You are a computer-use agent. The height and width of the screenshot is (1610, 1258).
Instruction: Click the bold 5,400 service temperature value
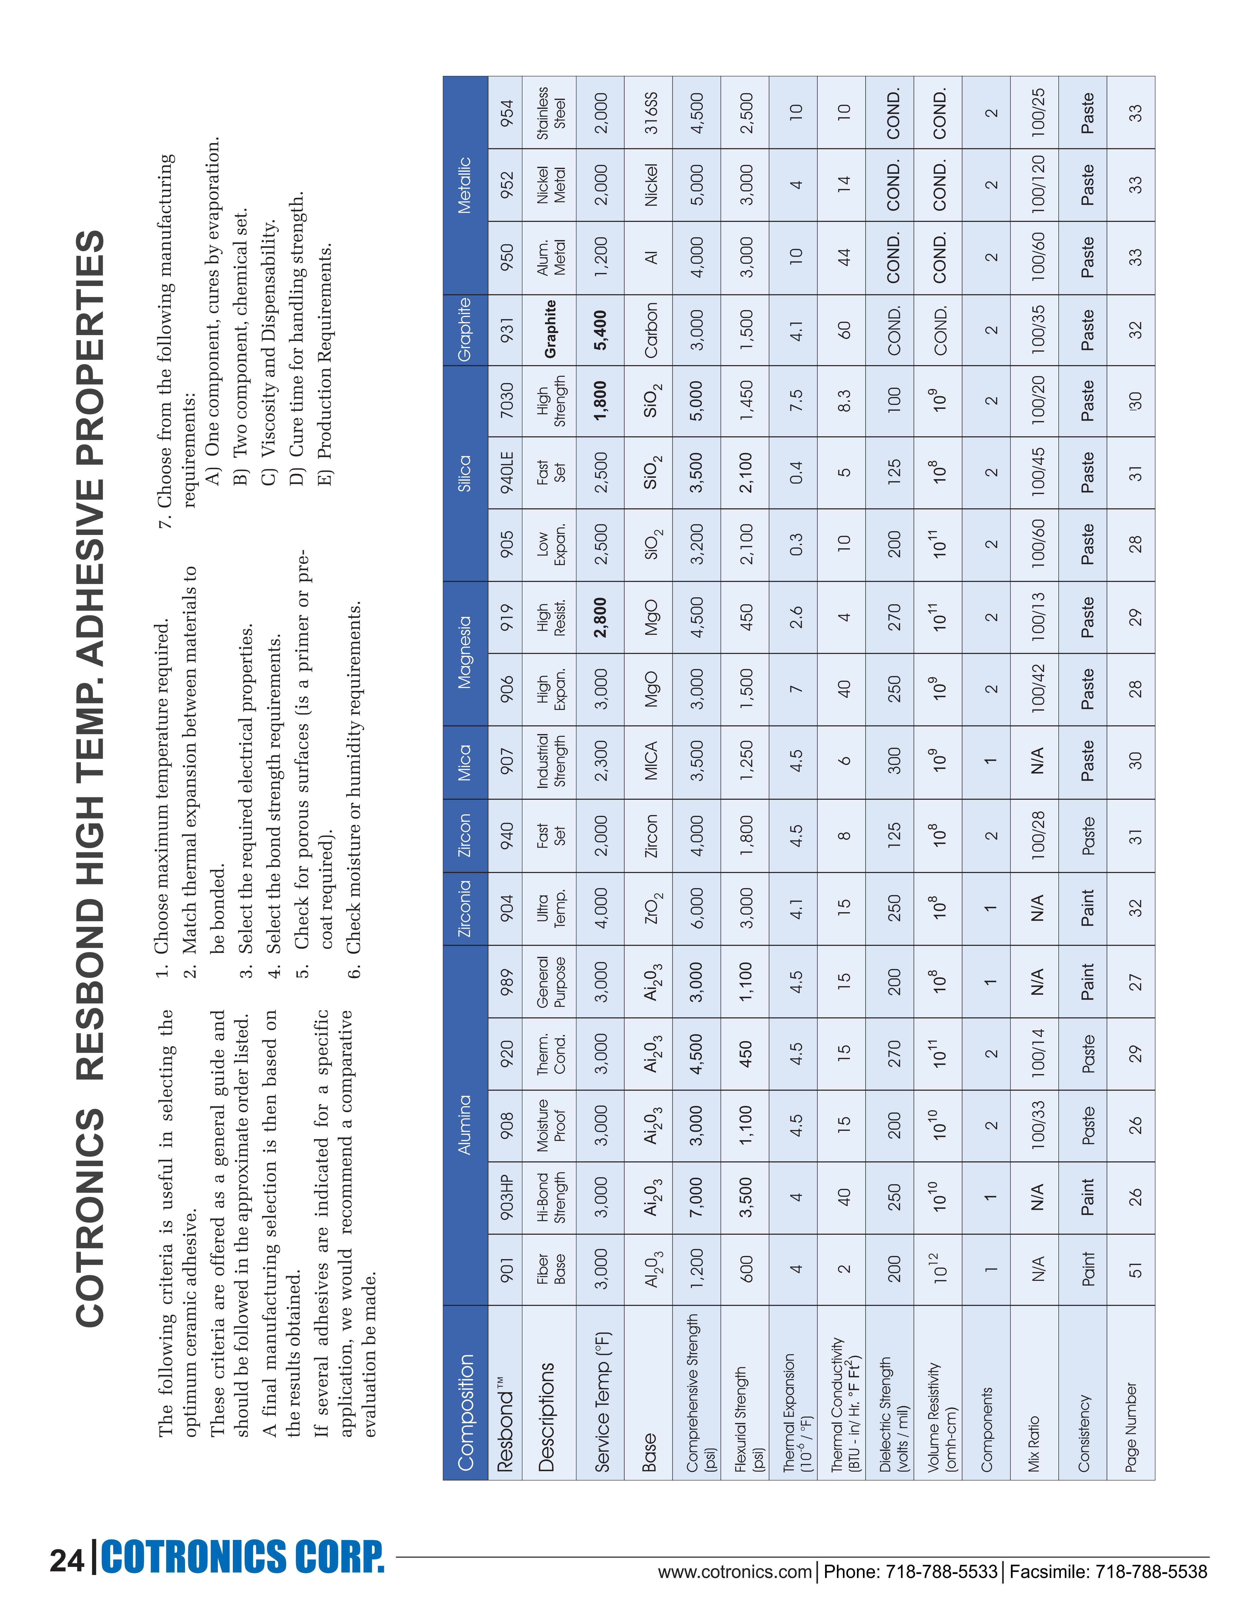[601, 329]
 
